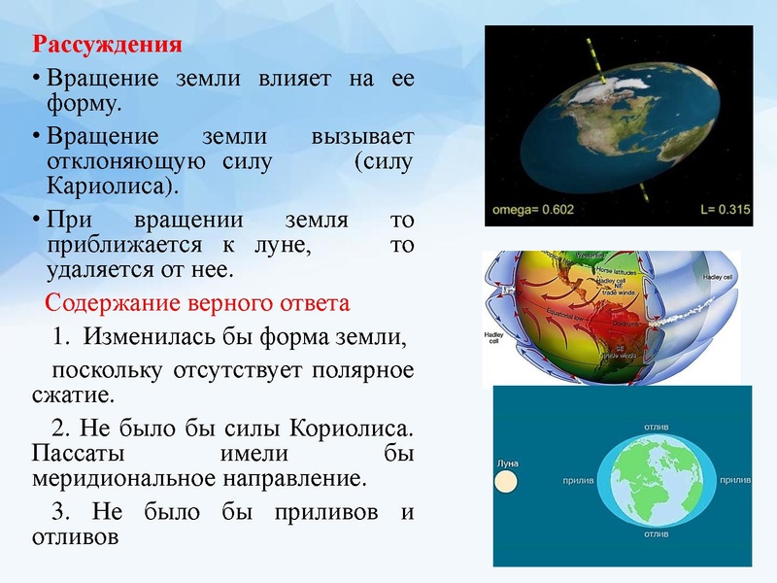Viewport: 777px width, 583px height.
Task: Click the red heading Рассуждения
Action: point(108,45)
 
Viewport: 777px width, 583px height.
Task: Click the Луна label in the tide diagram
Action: point(507,463)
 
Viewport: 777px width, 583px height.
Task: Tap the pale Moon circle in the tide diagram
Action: point(507,482)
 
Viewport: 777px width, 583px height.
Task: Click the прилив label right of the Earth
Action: point(734,480)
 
